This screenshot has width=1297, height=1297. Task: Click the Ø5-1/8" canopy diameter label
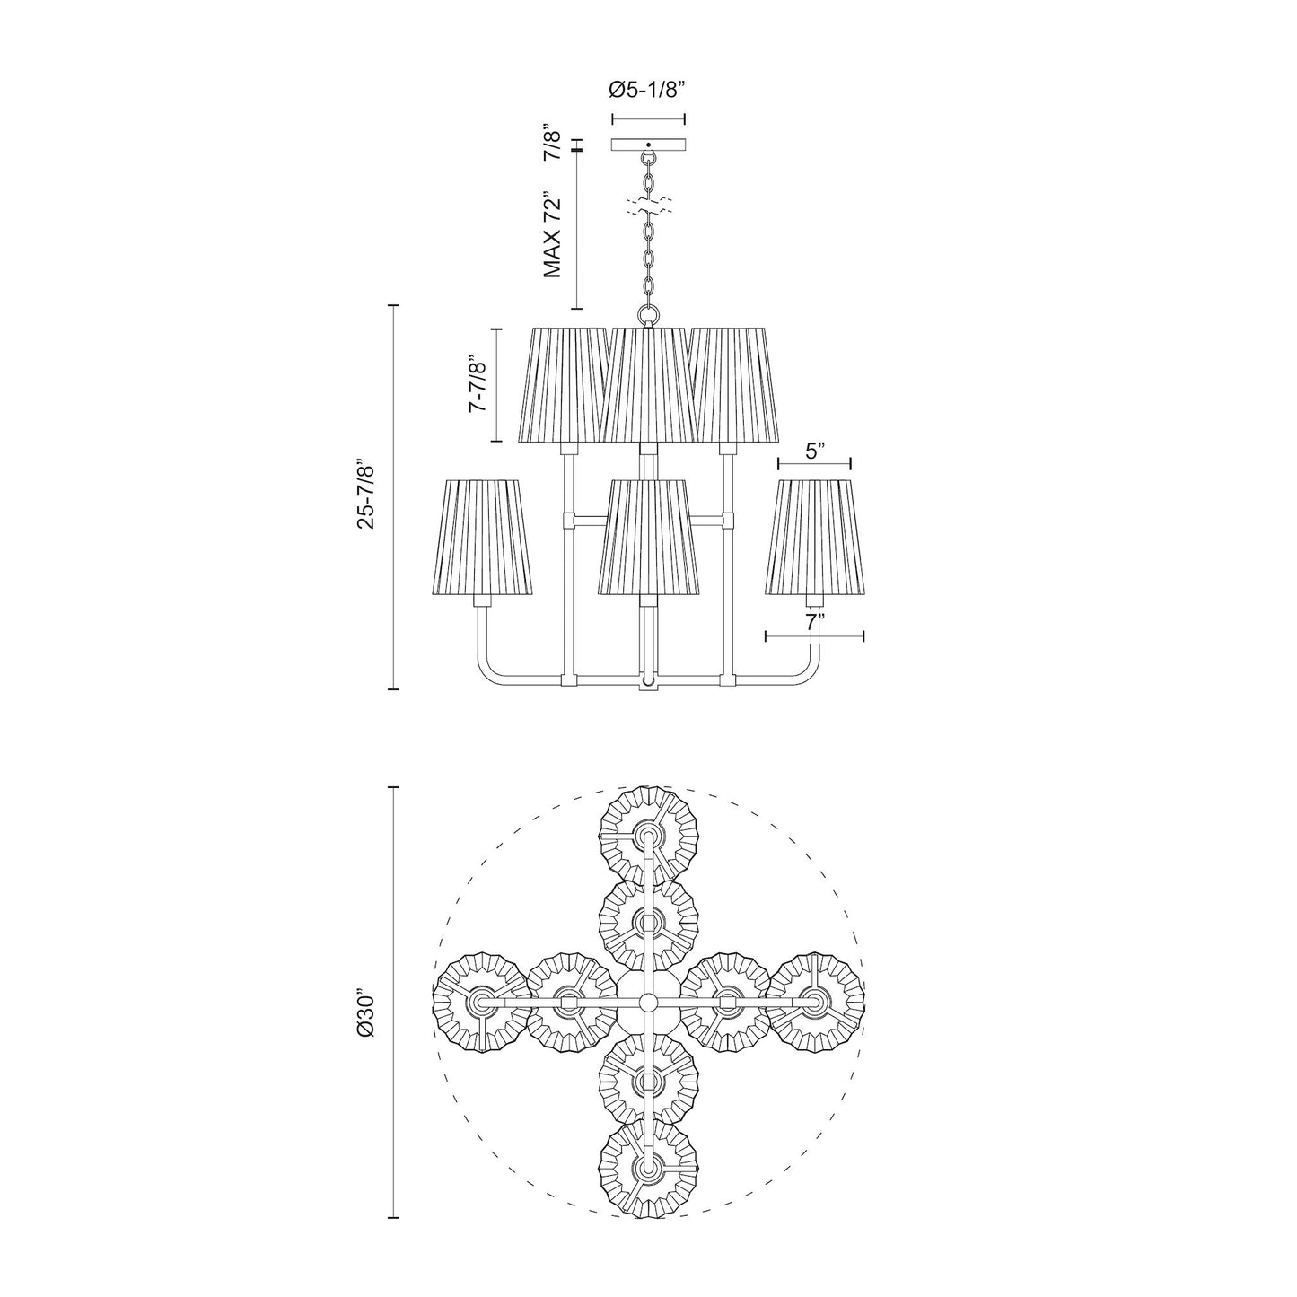coord(648,90)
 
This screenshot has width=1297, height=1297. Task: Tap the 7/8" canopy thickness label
coord(554,145)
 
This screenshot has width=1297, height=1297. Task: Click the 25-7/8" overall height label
coord(366,495)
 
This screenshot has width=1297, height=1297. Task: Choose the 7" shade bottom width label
coord(814,622)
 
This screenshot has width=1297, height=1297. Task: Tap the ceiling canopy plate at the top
coord(648,145)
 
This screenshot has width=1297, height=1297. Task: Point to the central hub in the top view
coord(648,1001)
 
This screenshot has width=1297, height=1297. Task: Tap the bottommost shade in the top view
coord(648,1168)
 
